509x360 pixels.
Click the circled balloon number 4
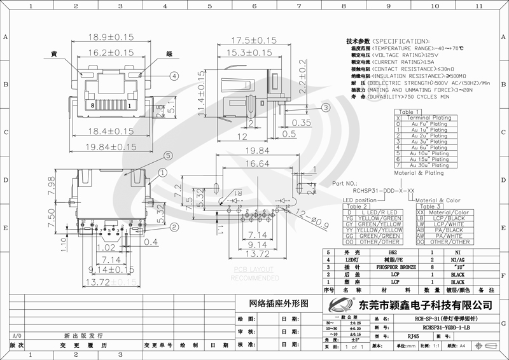pyautogui.click(x=173, y=76)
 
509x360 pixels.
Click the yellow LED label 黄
pyautogui.click(x=55, y=54)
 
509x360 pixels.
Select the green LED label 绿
pyautogui.click(x=169, y=54)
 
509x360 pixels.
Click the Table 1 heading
pyautogui.click(x=410, y=111)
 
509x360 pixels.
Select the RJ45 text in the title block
pyautogui.click(x=413, y=336)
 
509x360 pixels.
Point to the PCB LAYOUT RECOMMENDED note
pyautogui.click(x=254, y=274)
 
